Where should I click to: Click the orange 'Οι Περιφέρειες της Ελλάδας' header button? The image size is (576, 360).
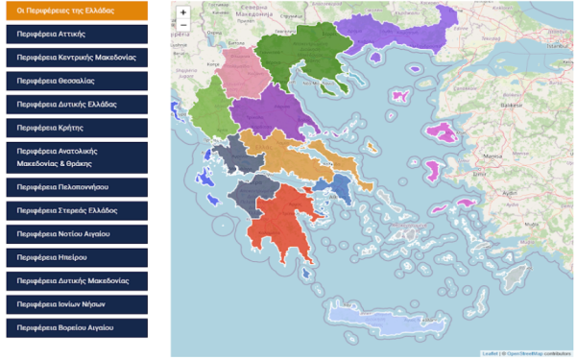(x=74, y=11)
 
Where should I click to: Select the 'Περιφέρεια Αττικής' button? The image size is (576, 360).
(x=74, y=34)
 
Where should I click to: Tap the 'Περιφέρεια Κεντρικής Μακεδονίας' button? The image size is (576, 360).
(x=74, y=58)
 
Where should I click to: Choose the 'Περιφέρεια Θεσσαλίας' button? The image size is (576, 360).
(x=74, y=81)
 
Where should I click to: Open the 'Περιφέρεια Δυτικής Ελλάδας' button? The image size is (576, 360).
(x=74, y=104)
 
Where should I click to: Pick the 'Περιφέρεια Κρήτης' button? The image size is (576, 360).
(x=74, y=127)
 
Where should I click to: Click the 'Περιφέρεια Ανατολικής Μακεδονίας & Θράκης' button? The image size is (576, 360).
(x=74, y=156)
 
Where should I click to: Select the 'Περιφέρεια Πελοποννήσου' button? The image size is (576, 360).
(x=74, y=186)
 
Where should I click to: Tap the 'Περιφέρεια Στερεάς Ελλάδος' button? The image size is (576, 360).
(x=74, y=209)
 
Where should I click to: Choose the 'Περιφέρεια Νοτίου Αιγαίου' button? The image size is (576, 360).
(x=74, y=233)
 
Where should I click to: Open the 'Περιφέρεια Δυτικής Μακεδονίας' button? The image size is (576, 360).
(x=74, y=280)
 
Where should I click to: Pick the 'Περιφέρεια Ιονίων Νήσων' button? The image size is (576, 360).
(x=74, y=303)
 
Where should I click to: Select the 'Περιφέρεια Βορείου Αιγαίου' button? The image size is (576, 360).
(x=74, y=327)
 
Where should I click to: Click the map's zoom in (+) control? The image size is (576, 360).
(x=183, y=12)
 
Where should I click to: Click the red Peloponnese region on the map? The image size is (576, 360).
(x=278, y=216)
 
